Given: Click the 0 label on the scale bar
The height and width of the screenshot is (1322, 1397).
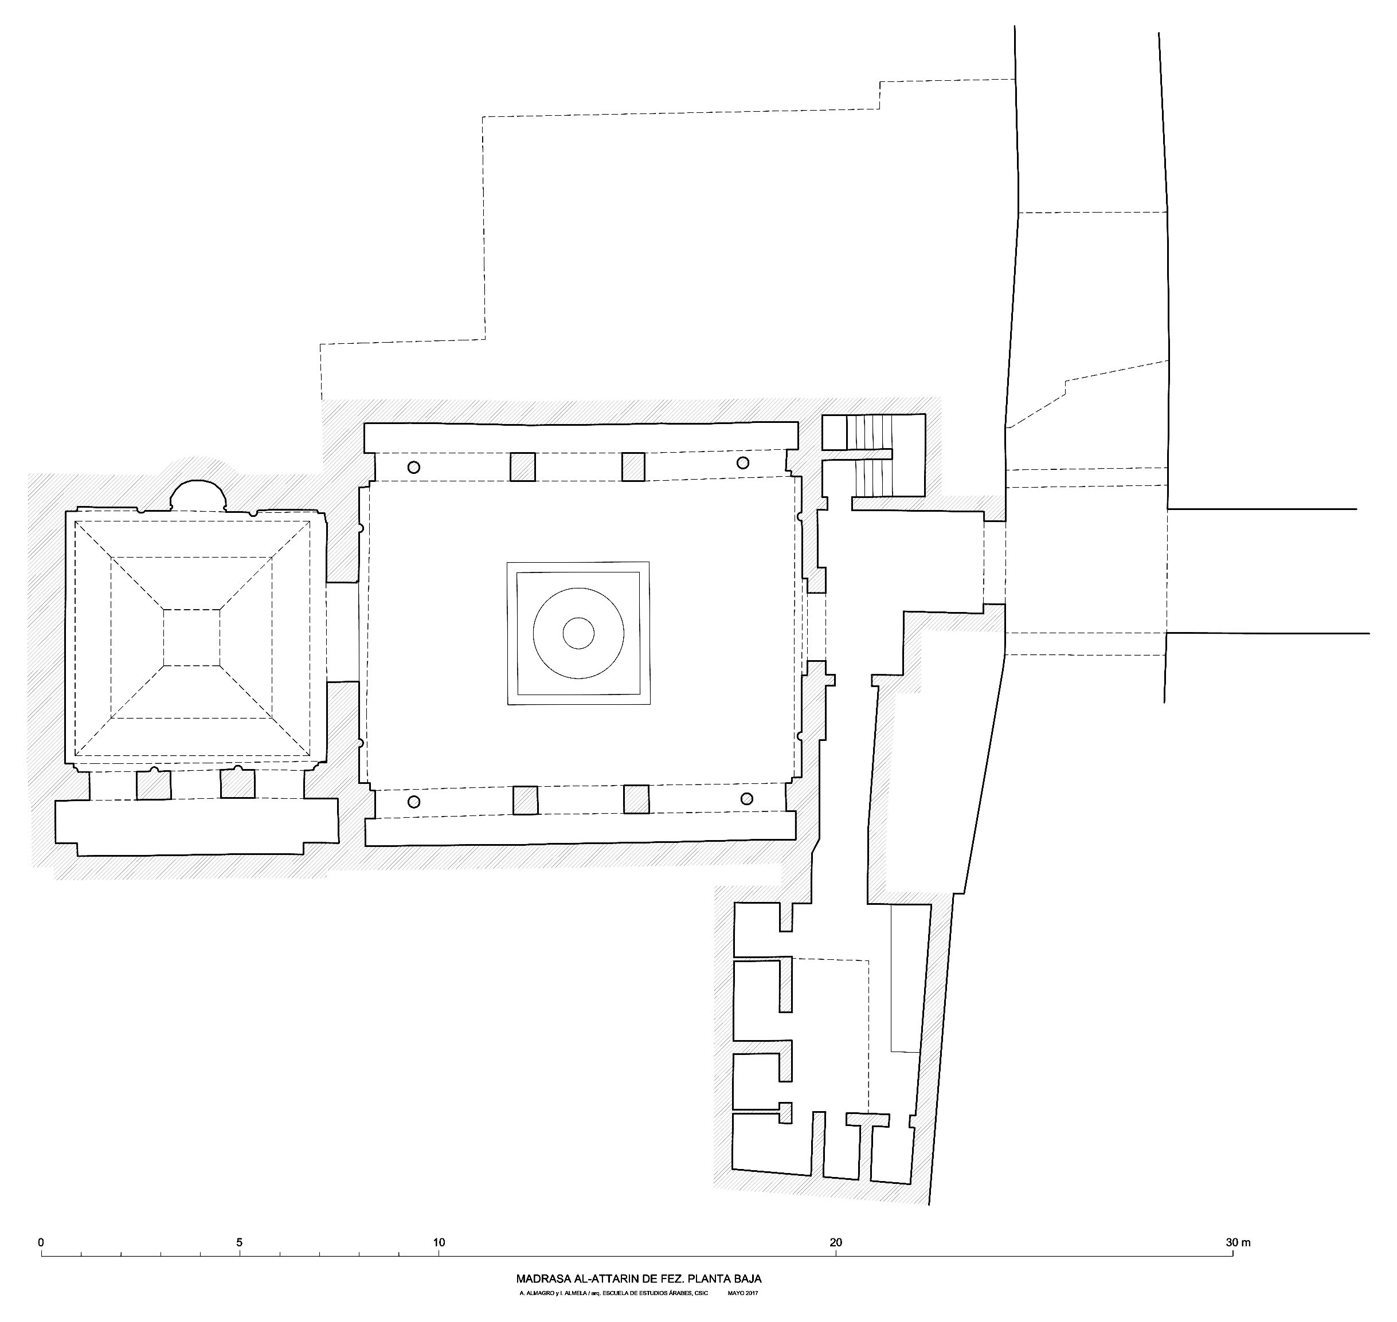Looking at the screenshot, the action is point(42,1242).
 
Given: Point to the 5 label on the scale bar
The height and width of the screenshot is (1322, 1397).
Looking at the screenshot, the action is point(240,1242).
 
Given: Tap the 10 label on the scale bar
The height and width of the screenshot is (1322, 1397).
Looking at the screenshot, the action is point(439,1242).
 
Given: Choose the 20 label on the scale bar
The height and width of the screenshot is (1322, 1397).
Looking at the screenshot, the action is point(836,1242).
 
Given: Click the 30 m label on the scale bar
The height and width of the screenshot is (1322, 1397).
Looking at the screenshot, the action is point(1238,1242).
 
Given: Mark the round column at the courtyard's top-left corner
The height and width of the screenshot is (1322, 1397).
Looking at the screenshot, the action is point(414,467).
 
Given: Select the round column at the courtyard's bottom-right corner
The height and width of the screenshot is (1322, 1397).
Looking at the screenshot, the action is point(746,798).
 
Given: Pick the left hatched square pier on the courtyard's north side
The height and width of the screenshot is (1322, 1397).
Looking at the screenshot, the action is point(522,466).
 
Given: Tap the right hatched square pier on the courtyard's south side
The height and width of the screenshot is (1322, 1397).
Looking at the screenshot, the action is point(636,800).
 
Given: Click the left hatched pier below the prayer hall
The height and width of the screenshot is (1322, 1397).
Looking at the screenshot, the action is point(154,784).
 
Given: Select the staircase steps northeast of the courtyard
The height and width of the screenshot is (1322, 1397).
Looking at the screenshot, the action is point(872,455).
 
